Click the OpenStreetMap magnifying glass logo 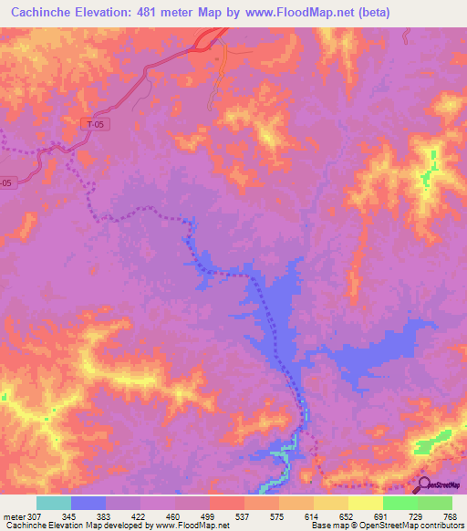click(x=426, y=486)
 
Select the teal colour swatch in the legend click(x=54, y=503)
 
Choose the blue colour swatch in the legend click(x=88, y=503)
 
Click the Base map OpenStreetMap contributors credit click(x=387, y=526)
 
